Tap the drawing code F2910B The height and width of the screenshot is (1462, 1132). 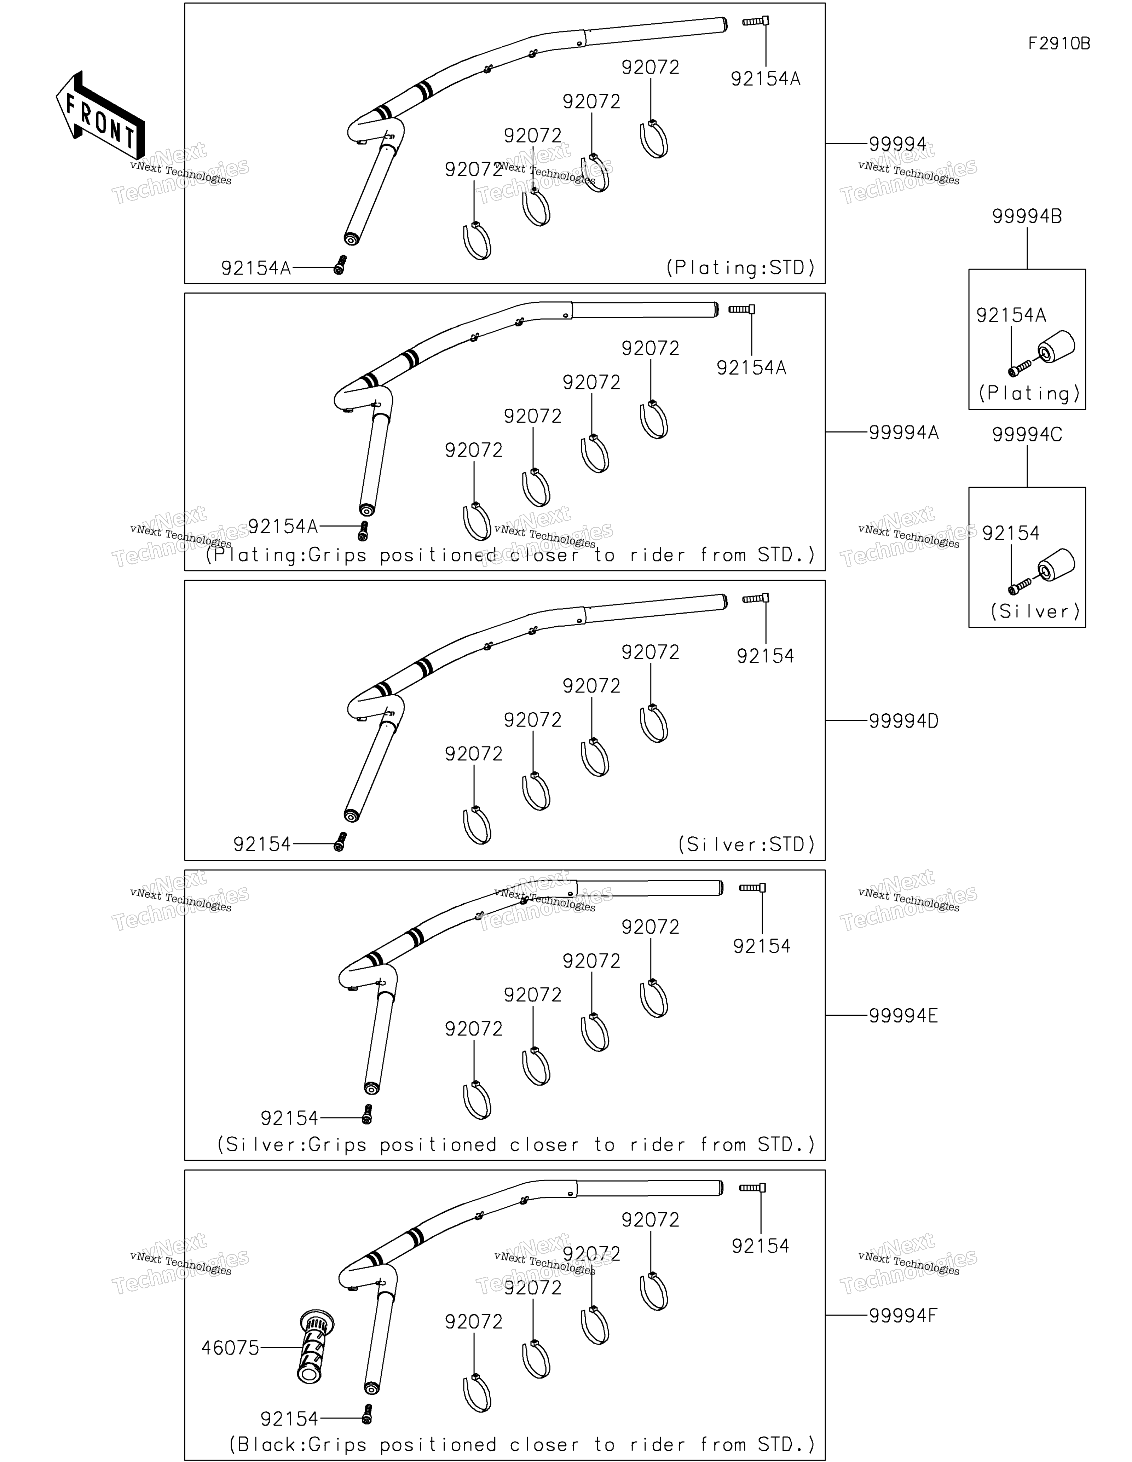click(x=1059, y=43)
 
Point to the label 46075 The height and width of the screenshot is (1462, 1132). click(x=230, y=1347)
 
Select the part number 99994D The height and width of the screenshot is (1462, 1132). click(x=904, y=721)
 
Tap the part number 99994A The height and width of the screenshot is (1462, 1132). click(x=904, y=433)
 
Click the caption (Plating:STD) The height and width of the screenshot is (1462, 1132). click(x=740, y=268)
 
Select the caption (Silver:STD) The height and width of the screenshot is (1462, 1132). click(x=746, y=844)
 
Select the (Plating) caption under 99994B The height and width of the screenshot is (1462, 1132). click(x=1029, y=393)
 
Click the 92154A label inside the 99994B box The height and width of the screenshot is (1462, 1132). click(x=1011, y=315)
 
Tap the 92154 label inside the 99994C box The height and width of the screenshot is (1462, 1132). click(x=1011, y=534)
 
